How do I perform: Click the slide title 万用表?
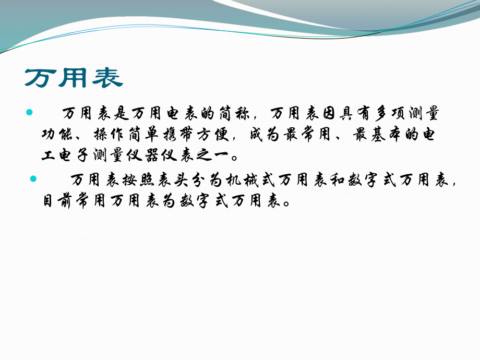pos(74,78)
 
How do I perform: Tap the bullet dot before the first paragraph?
pos(29,112)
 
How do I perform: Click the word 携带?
pos(178,134)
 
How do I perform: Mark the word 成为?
pos(263,134)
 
